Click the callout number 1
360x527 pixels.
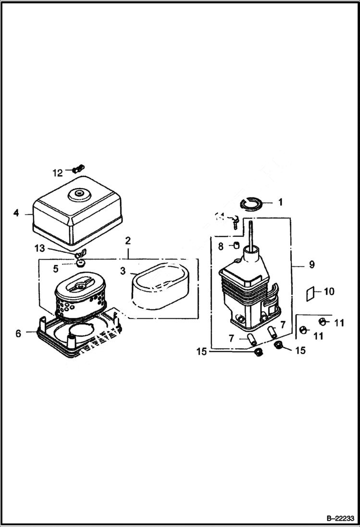[x=280, y=202]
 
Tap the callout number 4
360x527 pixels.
[x=16, y=212]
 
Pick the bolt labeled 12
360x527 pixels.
[x=77, y=168]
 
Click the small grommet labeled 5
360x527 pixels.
[x=80, y=264]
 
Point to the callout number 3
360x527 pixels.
[x=123, y=271]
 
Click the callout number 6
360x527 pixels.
[x=18, y=333]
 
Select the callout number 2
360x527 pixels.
[x=128, y=240]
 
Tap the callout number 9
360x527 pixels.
[x=312, y=264]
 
